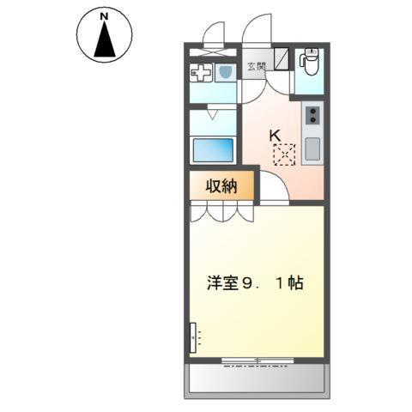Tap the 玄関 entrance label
click(257, 65)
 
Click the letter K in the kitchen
click(276, 135)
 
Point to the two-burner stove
click(312, 113)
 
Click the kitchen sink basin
click(312, 148)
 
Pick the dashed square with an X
click(284, 155)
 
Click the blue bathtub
click(213, 149)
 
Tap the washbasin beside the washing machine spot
click(225, 72)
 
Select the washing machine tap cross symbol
click(200, 74)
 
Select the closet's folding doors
click(221, 209)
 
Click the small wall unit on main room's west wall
click(193, 337)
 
